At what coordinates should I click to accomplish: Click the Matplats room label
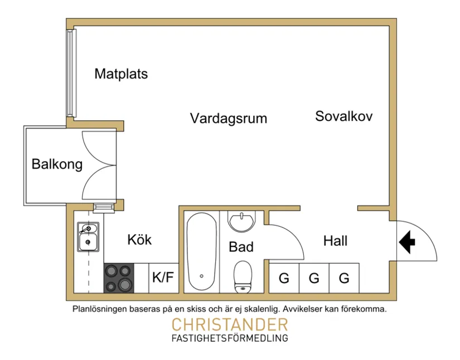[121, 74]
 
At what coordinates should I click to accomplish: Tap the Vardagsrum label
[228, 118]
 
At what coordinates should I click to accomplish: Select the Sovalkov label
[343, 116]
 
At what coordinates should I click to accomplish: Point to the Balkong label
[57, 164]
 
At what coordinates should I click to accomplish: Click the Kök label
[139, 240]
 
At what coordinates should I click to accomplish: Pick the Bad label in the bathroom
[241, 247]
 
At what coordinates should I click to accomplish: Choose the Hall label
[335, 241]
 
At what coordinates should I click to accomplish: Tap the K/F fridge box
[163, 278]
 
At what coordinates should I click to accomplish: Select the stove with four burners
[119, 278]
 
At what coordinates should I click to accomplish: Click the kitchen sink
[88, 237]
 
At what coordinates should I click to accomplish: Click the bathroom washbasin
[241, 221]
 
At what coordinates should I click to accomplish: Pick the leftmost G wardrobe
[284, 278]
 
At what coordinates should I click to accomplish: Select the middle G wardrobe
[314, 278]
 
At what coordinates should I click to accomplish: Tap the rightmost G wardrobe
[344, 278]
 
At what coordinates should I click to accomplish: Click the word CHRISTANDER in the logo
[230, 324]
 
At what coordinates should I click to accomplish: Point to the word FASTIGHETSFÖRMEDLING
[230, 338]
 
